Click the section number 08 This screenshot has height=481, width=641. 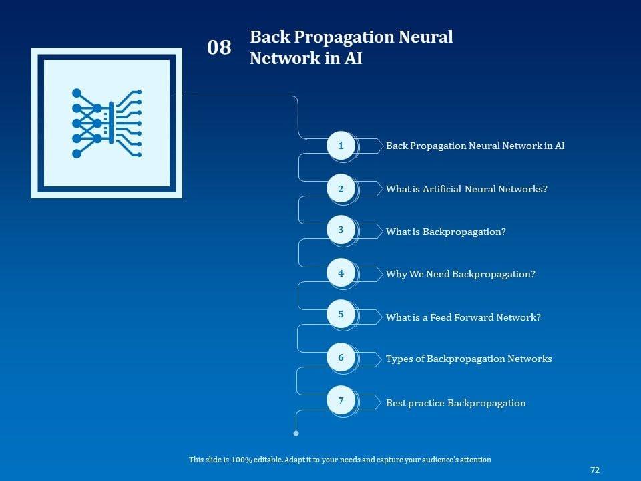(x=219, y=48)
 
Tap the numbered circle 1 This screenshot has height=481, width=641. (x=341, y=146)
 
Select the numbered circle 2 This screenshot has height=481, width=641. (x=341, y=189)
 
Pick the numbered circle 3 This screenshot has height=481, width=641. (x=341, y=230)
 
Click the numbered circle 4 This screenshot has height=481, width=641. (x=341, y=273)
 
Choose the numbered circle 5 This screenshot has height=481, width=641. (x=341, y=314)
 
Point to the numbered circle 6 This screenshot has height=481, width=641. (x=341, y=358)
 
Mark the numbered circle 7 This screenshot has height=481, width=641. (x=341, y=402)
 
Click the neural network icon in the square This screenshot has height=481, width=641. (x=106, y=123)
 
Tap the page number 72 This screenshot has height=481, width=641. (x=595, y=470)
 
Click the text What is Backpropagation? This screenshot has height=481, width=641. (x=445, y=232)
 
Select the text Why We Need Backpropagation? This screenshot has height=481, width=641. (x=460, y=274)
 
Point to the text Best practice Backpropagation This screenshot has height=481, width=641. (x=455, y=403)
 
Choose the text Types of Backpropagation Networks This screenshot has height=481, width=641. (x=468, y=359)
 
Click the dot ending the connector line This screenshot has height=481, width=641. (x=296, y=434)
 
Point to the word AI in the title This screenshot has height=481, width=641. (x=353, y=59)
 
